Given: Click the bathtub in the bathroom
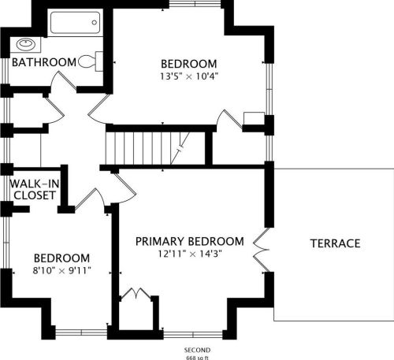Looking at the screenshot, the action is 76,22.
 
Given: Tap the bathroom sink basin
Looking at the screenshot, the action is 26,44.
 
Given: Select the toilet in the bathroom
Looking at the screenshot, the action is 91,61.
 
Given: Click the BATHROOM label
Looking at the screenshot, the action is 44,62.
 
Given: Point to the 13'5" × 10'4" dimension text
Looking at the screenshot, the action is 189,76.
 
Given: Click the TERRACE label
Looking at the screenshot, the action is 335,243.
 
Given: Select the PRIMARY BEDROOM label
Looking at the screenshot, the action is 190,241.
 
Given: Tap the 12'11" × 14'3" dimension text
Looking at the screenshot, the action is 190,254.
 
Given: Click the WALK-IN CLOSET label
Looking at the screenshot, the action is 35,189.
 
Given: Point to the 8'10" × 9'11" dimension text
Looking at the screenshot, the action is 61,270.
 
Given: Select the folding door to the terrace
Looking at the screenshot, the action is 262,250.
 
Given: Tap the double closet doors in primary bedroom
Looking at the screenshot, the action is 136,293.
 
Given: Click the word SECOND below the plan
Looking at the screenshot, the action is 197,350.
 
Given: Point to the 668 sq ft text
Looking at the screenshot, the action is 197,358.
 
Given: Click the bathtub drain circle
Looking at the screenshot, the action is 95,23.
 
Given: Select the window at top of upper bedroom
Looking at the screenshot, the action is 195,4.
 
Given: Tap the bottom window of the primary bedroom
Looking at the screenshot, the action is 193,335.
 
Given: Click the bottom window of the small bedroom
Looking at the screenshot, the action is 81,332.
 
